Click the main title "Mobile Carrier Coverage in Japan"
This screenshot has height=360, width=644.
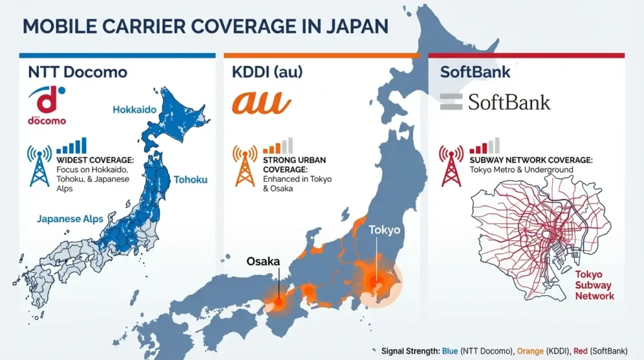point(204,26)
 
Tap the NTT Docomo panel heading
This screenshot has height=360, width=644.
point(77,71)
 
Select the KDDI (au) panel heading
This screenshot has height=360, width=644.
point(267,71)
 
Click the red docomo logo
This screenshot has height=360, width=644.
point(47,104)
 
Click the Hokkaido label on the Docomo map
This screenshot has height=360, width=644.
point(134,110)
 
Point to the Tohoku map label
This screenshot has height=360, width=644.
point(191,179)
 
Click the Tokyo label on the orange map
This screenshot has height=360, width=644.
point(384,230)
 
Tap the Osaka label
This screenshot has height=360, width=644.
point(263,261)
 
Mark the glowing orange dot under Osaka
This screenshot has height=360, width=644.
point(277,303)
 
